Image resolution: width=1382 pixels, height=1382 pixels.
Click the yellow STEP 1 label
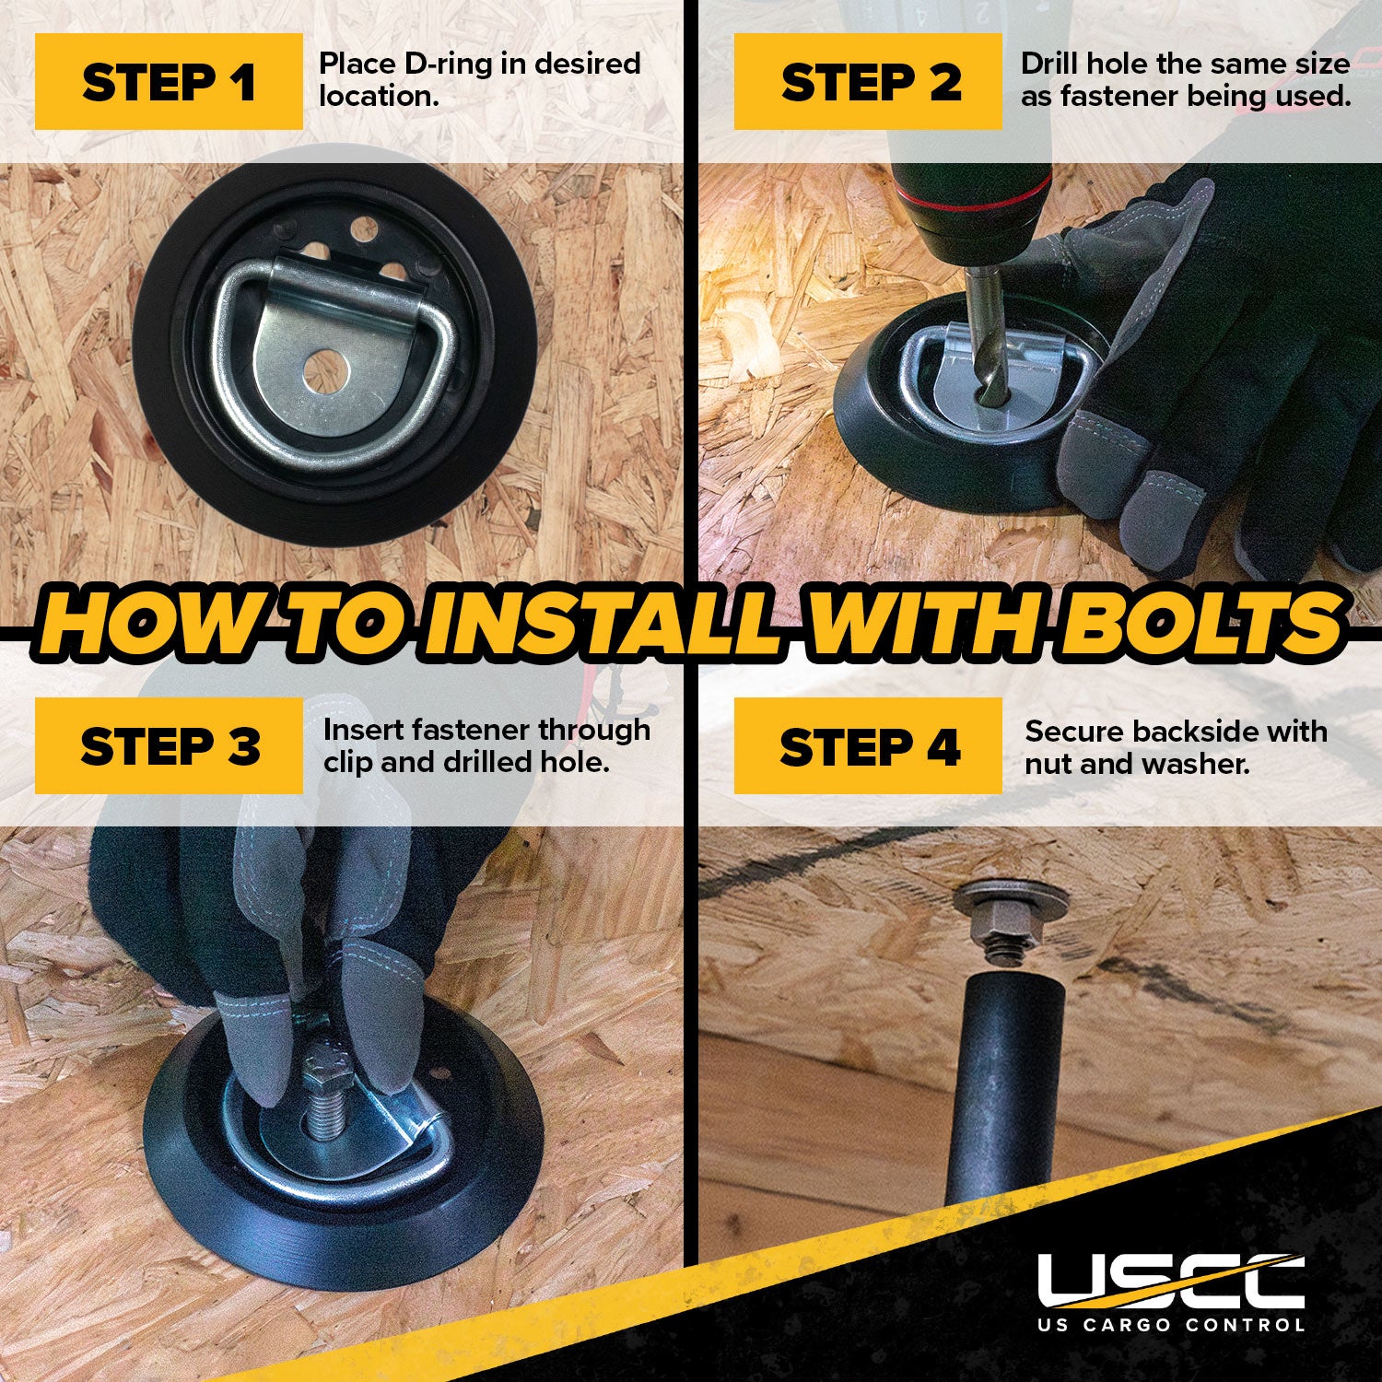pyautogui.click(x=169, y=81)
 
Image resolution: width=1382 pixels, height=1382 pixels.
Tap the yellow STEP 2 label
pyautogui.click(x=868, y=81)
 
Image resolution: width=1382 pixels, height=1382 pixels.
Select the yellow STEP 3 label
pyautogui.click(x=169, y=745)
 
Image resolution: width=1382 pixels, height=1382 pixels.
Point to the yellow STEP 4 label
pyautogui.click(x=868, y=745)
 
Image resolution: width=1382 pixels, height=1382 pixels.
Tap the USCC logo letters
pyautogui.click(x=1171, y=1281)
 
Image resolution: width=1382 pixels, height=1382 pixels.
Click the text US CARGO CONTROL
pyautogui.click(x=1171, y=1325)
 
